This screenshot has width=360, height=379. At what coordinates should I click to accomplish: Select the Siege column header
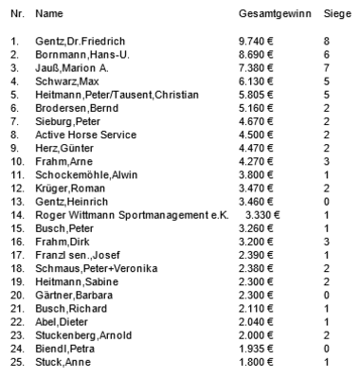click(335, 17)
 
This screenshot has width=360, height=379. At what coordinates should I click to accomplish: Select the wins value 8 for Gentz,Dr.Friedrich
click(326, 41)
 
